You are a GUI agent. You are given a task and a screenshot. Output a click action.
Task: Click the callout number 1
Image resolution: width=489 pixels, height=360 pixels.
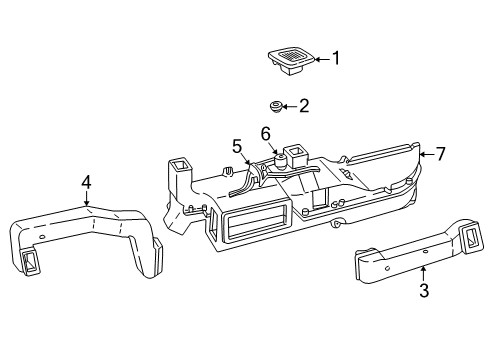tap(335, 58)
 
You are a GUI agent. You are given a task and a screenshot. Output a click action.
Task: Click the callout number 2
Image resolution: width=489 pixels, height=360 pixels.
tap(305, 104)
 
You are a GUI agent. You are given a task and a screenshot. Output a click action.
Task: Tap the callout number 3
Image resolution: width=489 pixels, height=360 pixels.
tap(423, 291)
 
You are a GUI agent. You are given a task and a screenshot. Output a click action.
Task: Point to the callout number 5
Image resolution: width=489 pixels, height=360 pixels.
tap(237, 147)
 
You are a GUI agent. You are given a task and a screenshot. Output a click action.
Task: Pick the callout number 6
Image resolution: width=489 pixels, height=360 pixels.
tap(266, 133)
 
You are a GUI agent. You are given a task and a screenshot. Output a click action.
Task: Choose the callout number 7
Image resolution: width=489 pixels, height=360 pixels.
tap(439, 154)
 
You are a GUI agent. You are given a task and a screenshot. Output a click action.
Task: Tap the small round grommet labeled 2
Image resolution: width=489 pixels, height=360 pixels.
tap(276, 105)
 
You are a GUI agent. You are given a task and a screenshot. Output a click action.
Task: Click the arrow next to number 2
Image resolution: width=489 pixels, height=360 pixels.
tap(290, 104)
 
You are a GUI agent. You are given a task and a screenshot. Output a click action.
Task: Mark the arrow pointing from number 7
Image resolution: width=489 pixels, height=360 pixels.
tap(425, 155)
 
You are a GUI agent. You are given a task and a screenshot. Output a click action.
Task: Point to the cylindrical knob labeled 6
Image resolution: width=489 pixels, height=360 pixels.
tap(283, 159)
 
